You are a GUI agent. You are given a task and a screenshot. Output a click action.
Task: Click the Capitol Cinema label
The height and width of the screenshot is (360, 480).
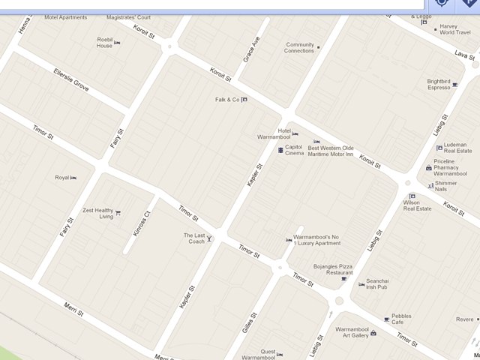294,150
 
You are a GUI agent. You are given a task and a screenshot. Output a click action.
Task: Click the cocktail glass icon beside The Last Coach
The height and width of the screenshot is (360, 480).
210,238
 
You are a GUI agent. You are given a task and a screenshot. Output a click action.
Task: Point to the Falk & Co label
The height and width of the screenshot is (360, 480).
227,100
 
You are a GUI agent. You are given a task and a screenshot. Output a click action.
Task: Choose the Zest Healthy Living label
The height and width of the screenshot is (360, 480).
98,213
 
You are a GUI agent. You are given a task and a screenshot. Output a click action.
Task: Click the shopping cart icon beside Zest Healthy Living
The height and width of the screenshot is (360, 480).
118,213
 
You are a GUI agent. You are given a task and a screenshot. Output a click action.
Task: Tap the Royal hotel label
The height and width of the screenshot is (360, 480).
61,178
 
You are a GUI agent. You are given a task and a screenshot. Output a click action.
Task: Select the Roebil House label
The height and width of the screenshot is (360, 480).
104,43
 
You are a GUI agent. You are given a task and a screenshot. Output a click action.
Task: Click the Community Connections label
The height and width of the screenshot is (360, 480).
299,47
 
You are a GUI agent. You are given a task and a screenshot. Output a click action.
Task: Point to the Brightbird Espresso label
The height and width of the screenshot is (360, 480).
439,85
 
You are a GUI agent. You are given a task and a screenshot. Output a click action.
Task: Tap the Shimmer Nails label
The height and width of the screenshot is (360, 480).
445,186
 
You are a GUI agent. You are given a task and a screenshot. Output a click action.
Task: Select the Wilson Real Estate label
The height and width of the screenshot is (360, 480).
417,205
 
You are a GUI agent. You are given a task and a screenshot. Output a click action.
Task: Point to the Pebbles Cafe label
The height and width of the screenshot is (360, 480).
401,319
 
